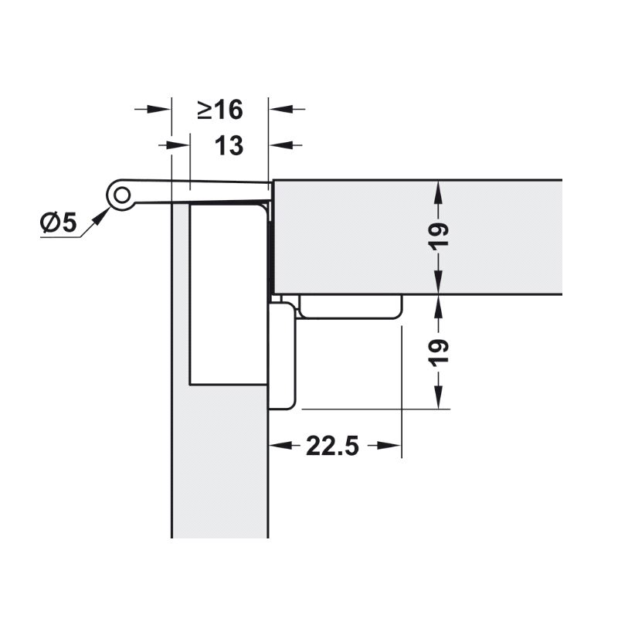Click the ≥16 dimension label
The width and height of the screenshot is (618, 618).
220,110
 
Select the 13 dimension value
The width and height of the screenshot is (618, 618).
229,146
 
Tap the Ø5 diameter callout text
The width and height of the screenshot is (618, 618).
59,222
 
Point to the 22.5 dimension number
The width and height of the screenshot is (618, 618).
332,446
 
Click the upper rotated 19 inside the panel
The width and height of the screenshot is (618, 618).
438,236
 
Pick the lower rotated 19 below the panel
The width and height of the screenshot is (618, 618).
438,352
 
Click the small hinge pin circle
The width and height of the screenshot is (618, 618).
122,195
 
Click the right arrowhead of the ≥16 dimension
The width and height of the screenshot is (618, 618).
280,109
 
